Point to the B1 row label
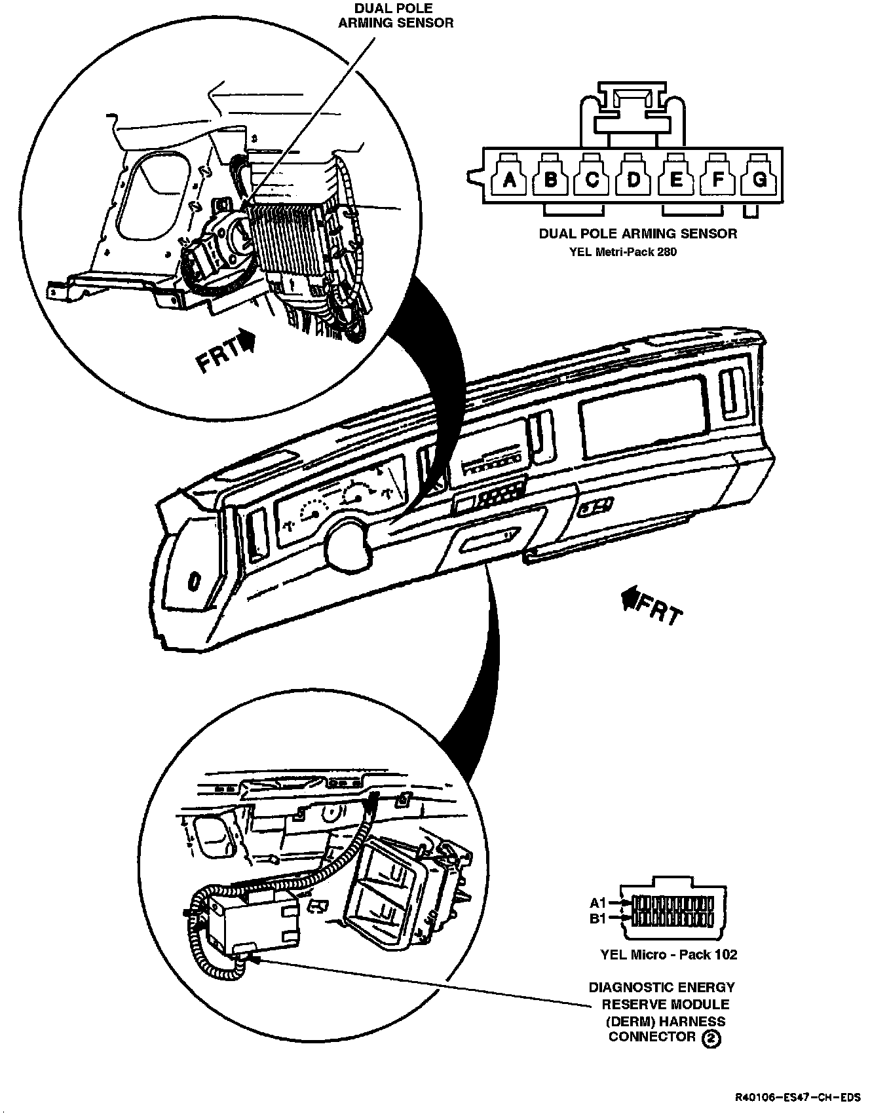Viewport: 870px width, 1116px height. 598,919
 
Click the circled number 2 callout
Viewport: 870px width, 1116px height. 711,1038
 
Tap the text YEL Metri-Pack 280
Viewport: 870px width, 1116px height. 623,251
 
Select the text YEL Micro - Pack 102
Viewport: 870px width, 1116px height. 668,954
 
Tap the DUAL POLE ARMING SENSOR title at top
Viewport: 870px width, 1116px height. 395,15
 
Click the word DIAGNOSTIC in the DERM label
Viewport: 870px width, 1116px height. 629,987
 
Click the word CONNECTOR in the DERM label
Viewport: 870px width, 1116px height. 652,1037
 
